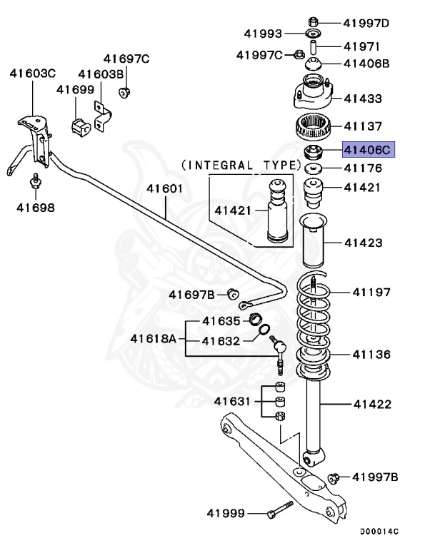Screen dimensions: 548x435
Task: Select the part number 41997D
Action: click(x=366, y=23)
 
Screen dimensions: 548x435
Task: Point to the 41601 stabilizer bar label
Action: click(x=165, y=189)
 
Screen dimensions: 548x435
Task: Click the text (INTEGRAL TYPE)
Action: click(x=241, y=165)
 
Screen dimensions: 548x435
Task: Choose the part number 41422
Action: click(x=372, y=405)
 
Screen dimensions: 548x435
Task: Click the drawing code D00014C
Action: click(x=379, y=532)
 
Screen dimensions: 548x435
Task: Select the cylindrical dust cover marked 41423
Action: click(x=312, y=243)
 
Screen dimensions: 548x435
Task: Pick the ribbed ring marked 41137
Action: click(x=312, y=128)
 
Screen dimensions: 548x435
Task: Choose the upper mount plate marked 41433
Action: click(x=312, y=96)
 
